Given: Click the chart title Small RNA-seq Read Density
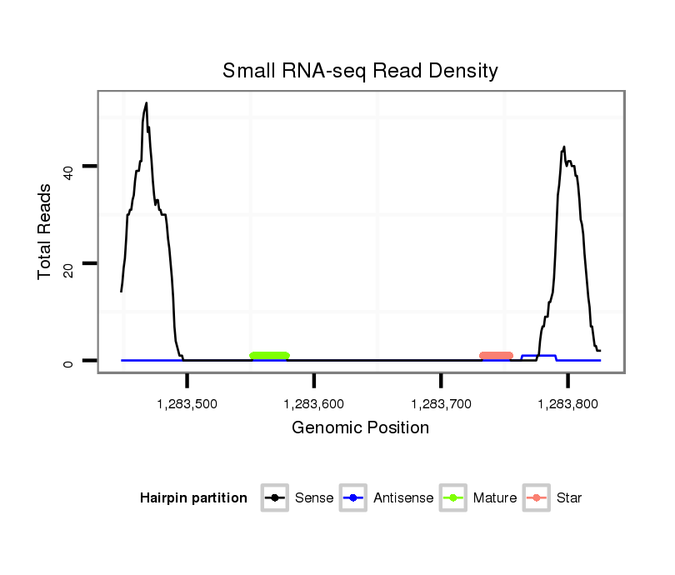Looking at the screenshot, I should (x=360, y=71).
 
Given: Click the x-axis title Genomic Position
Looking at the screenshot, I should (x=360, y=428).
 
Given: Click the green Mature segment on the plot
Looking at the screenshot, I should (x=269, y=356).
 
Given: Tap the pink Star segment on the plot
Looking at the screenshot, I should (x=496, y=356).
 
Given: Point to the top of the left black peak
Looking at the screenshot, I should (x=147, y=103).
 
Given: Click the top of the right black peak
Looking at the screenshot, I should (x=564, y=147).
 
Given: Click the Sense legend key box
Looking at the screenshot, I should (x=275, y=498).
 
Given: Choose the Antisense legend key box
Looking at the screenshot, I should (x=354, y=498).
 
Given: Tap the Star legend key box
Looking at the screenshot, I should (x=537, y=498).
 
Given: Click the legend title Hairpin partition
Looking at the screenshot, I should (x=193, y=498).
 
